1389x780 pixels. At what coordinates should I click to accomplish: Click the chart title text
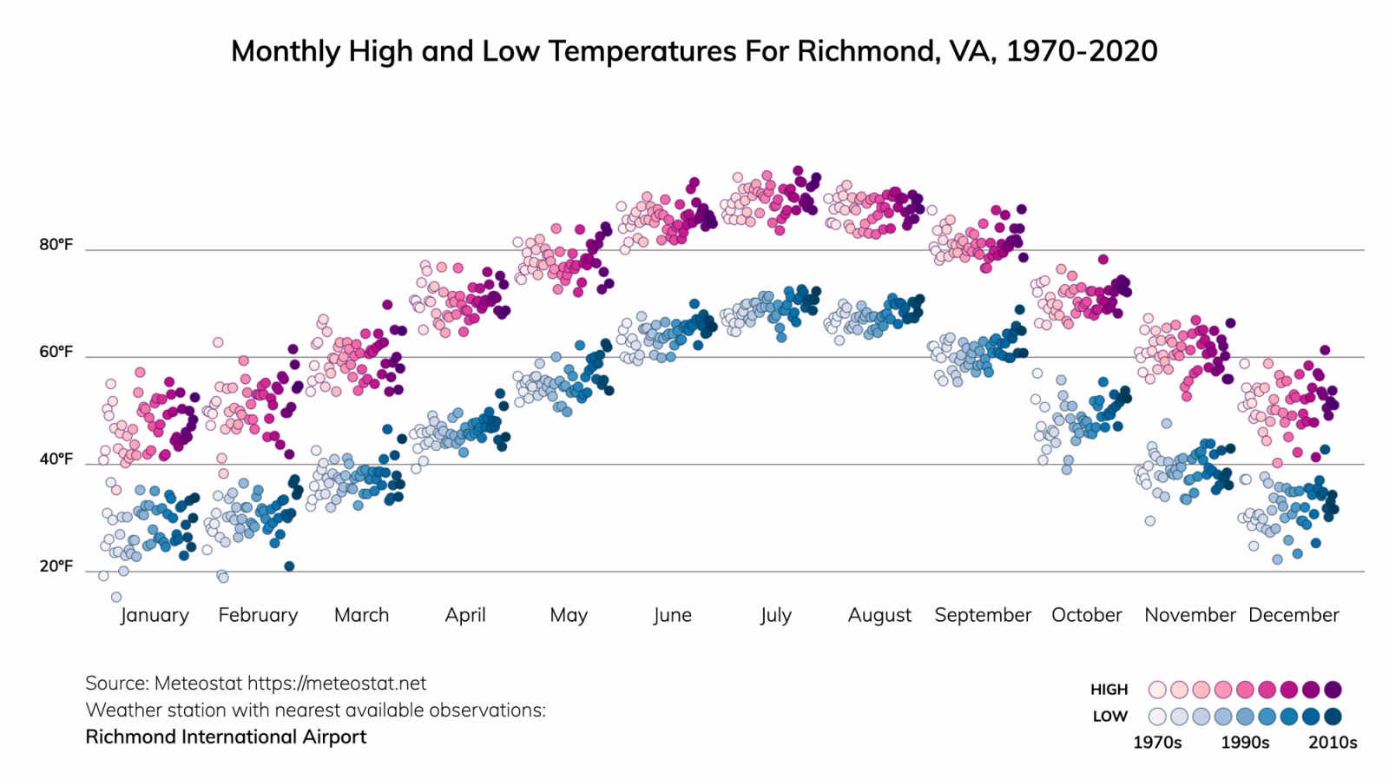694,50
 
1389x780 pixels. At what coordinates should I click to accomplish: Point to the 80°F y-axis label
56,245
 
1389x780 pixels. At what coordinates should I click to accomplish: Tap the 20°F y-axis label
56,566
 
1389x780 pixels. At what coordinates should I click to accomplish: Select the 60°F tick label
56,352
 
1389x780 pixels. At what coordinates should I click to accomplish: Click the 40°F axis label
56,459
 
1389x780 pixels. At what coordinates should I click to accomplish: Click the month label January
155,615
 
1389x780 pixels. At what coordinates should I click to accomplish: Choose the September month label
983,615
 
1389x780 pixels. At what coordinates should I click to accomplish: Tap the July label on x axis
775,615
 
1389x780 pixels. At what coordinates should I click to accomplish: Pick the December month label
1294,615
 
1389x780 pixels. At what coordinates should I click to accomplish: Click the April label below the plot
465,615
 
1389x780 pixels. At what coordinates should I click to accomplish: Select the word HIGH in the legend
1109,690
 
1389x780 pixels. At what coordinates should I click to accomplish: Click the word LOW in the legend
1110,717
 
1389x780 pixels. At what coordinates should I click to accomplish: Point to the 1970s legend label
1157,743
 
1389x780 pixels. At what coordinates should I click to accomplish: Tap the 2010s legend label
1333,743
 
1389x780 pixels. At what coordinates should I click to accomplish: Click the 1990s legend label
1245,743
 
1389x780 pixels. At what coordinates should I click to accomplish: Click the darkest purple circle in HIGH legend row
1333,690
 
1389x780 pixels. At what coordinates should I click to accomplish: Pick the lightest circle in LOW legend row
1157,717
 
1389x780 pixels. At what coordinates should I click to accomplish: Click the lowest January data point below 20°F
116,597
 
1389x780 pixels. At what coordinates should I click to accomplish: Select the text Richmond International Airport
226,737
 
